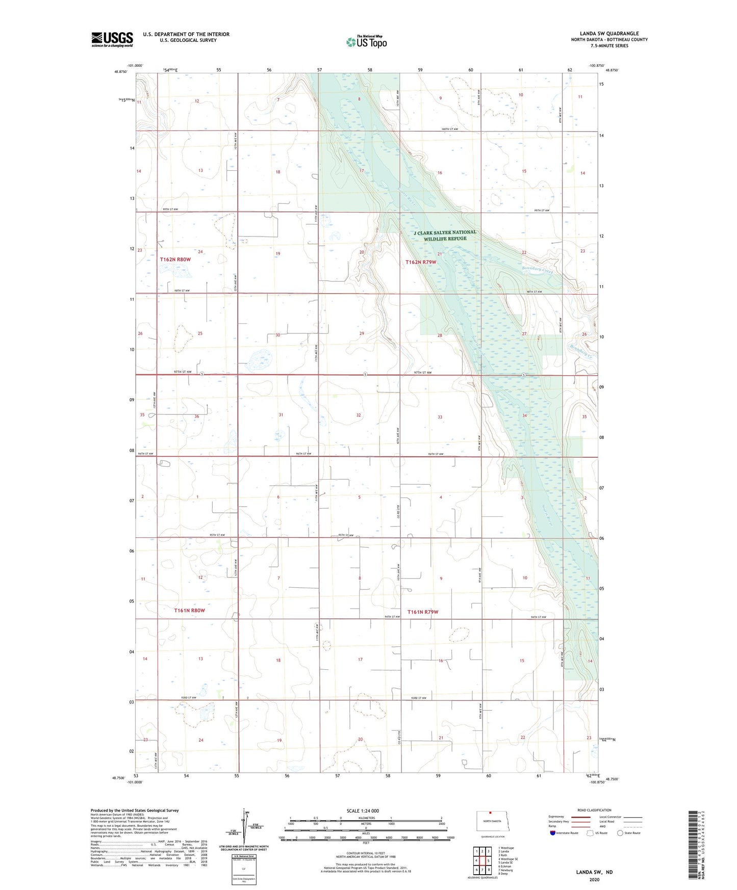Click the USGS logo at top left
112,39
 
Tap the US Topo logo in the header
366,41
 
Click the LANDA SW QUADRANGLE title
609,34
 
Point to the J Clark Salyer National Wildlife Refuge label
445,235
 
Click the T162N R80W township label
175,259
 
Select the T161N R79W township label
423,612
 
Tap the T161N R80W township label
189,610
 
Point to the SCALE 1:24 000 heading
363,811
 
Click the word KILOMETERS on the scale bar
366,818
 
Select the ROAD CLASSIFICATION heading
594,810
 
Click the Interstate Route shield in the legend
553,833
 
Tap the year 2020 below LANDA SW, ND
594,879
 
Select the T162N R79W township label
421,262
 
